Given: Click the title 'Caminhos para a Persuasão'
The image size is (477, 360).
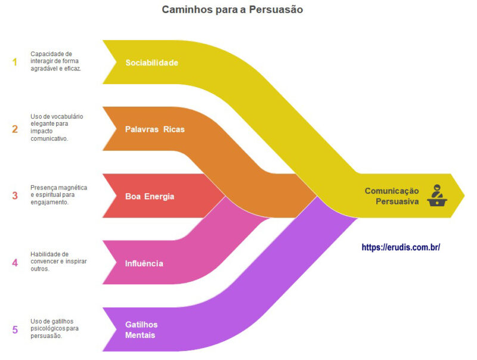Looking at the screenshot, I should click(233, 10).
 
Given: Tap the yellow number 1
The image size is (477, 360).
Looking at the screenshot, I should click(15, 62).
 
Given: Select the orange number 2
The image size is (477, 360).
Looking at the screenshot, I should click(15, 129).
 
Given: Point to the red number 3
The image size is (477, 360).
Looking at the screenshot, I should click(15, 195).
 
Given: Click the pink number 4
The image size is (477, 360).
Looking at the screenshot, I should click(15, 262).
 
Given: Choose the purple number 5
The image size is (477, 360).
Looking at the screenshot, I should click(15, 329).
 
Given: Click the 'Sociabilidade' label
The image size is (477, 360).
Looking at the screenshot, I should click(151, 63).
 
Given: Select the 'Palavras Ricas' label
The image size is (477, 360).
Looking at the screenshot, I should click(154, 129).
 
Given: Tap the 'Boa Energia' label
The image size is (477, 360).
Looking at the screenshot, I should click(150, 196).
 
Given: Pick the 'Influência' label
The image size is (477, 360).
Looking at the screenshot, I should click(144, 263).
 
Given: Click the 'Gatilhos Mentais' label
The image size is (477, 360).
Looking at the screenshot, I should click(141, 330).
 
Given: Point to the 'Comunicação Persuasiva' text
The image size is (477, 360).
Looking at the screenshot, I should click(392, 196).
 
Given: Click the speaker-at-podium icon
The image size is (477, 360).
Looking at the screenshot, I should click(438, 195).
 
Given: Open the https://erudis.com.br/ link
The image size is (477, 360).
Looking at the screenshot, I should click(401, 247).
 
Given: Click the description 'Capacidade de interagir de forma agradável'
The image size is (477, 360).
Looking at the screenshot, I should click(56, 61).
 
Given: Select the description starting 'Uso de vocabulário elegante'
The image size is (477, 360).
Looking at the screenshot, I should click(58, 128).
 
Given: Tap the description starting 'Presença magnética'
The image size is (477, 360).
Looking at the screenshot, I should click(58, 195).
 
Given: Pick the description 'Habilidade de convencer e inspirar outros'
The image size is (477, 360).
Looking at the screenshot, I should click(57, 262).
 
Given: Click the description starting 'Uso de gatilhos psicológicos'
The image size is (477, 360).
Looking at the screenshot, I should click(57, 328).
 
